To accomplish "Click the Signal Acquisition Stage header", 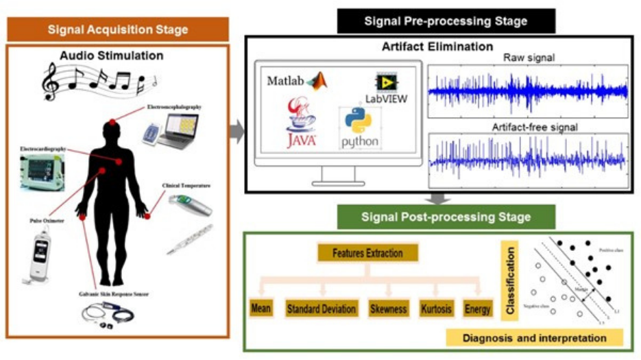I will pos(118,29).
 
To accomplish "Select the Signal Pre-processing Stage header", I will pos(446,21).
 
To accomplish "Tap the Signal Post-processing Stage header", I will pos(446,217).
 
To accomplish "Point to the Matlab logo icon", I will pos(317,81).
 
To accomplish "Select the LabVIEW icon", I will pos(387,82).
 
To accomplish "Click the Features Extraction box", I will pos(368,253).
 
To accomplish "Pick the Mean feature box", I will pos(261,309).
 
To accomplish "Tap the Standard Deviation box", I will pos(321,309).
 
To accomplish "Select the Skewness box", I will pos(389,309).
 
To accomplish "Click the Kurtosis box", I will pos(436,309).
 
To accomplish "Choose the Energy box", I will pos(477,309).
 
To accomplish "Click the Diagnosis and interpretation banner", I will pos(534,337).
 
